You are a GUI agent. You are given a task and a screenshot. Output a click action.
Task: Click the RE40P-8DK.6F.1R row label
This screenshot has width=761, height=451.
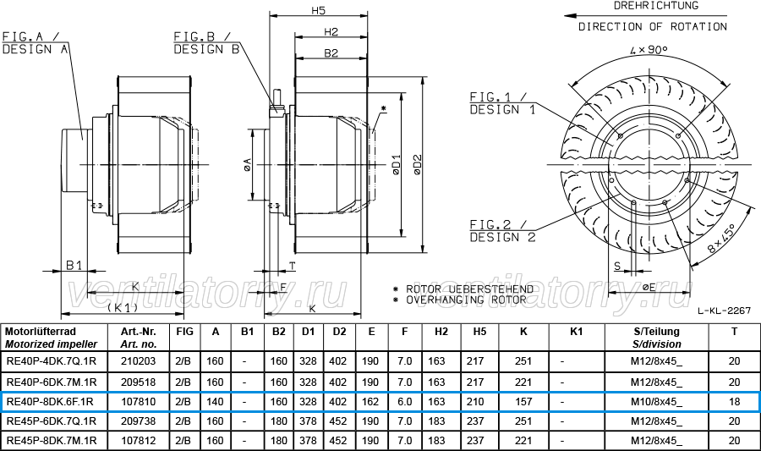(50, 401)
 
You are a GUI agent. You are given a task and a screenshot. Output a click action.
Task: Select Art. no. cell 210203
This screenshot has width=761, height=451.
(139, 361)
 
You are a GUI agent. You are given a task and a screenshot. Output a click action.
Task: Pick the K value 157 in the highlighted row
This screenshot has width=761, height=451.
(523, 401)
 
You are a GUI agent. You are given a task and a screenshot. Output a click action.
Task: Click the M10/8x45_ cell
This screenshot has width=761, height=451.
(656, 401)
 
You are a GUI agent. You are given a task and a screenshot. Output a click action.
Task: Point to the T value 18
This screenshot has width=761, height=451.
(734, 401)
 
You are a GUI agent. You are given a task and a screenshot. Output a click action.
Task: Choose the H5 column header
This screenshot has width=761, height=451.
(479, 332)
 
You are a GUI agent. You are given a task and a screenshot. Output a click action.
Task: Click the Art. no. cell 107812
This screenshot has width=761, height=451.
(139, 440)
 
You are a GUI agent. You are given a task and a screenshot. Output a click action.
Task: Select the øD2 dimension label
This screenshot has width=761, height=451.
(418, 164)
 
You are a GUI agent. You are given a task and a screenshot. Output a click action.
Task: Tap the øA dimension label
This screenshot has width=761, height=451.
(247, 164)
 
